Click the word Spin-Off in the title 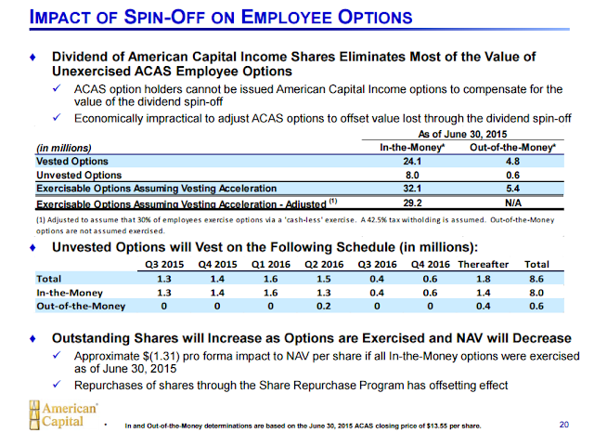(x=164, y=17)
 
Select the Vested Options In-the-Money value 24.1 (x=412, y=162)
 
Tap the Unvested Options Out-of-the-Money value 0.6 (x=512, y=176)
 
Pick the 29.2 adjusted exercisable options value (x=412, y=203)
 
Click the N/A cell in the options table (x=513, y=203)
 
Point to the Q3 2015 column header (x=164, y=264)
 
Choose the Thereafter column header (x=483, y=264)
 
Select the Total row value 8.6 (x=536, y=279)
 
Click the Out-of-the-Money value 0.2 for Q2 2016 (x=324, y=306)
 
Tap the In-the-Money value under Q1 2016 (x=270, y=293)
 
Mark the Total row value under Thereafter (x=483, y=279)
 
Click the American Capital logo (x=63, y=414)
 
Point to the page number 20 (x=564, y=425)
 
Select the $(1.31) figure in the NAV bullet (x=161, y=356)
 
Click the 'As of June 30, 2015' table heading (x=462, y=134)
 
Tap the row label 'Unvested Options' (x=79, y=176)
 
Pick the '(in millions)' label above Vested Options (x=64, y=148)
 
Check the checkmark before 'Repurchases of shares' (x=57, y=385)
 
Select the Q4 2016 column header (x=431, y=264)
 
